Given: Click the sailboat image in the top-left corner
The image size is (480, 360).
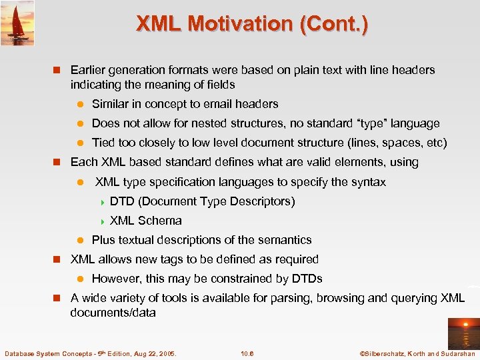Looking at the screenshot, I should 17,23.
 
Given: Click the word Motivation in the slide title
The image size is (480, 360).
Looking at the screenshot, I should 243,24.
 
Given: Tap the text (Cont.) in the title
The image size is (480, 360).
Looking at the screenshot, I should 333,24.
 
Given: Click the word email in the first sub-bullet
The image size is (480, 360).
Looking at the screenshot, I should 220,104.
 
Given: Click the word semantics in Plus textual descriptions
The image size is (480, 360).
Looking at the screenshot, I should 283,240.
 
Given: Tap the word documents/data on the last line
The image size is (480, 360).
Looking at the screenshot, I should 113,312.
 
